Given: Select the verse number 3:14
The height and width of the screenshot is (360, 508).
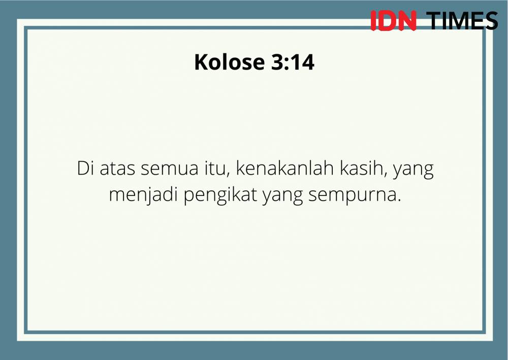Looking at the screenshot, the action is [293, 62].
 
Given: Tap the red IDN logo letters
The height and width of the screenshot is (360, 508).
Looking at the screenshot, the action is [393, 21].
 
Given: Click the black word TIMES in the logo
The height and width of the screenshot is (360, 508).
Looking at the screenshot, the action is [462, 21].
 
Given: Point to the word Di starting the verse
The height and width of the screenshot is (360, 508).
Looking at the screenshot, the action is [85, 169].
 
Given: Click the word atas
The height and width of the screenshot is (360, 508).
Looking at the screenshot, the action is [117, 169].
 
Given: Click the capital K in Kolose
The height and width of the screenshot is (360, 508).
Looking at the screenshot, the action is [201, 61].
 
